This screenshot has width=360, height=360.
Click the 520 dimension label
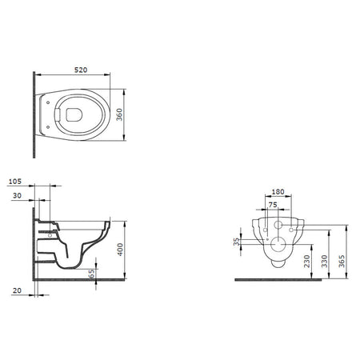point(81,70)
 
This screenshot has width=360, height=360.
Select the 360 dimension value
point(119,114)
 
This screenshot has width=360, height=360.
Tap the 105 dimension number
point(15,182)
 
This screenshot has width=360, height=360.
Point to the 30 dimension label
point(17,196)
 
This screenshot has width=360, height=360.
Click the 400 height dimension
point(121,250)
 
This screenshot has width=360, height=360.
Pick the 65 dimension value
point(91,274)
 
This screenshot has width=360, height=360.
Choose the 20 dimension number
point(17,290)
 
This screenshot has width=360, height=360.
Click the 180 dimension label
point(278,192)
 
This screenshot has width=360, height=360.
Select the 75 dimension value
point(273,205)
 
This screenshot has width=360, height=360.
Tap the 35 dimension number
point(237,242)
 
